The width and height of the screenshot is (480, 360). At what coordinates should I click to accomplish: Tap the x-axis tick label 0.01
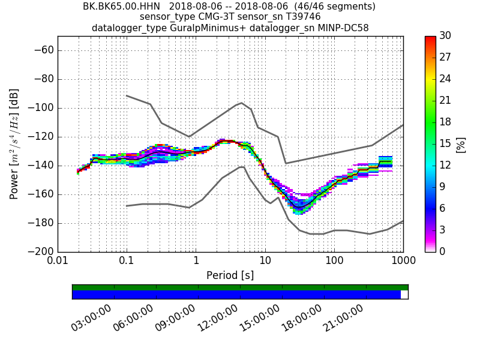(58, 262)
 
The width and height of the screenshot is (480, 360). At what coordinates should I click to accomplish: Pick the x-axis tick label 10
(265, 262)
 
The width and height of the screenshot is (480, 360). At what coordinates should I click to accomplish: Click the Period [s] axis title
(230, 275)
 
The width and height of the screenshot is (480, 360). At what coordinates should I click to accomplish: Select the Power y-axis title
(14, 144)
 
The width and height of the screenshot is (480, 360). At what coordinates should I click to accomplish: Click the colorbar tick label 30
(445, 36)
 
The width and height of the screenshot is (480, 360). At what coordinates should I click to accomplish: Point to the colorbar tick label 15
(445, 143)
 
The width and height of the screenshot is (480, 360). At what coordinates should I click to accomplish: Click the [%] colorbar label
(461, 144)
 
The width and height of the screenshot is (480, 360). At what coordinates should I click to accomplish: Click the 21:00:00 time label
(344, 317)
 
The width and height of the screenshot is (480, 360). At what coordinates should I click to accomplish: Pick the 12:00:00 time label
(218, 317)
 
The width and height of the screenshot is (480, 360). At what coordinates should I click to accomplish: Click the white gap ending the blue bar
(404, 295)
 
